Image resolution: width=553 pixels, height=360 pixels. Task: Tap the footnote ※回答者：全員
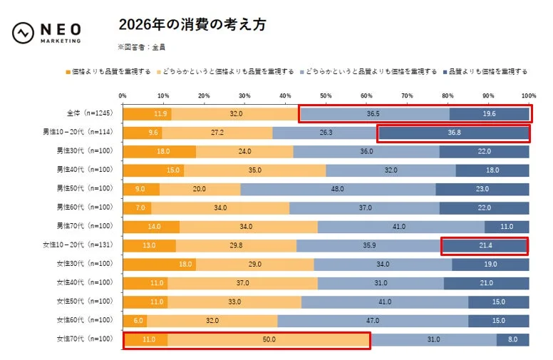tap(143, 47)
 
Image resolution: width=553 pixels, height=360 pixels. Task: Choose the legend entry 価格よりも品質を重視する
tap(110, 71)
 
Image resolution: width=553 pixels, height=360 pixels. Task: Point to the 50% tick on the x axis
tap(326, 96)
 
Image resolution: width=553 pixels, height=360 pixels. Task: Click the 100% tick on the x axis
tap(528, 96)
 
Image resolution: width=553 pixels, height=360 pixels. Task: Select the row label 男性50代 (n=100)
tap(85, 190)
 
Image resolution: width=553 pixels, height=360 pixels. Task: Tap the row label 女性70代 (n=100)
tap(85, 339)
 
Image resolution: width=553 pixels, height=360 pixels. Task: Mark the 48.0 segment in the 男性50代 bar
tap(338, 190)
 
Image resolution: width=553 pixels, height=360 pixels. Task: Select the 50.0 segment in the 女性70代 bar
tap(269, 340)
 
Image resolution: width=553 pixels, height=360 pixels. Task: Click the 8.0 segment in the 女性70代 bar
tap(512, 340)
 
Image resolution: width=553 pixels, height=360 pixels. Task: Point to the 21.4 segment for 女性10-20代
tap(485, 246)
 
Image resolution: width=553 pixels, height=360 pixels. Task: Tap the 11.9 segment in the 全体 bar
tap(147, 114)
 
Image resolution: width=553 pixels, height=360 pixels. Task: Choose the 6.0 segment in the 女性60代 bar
tap(135, 321)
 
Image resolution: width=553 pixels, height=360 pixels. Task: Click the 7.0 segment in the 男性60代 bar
tap(137, 208)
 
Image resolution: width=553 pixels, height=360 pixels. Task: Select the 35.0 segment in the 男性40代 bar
tap(254, 170)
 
